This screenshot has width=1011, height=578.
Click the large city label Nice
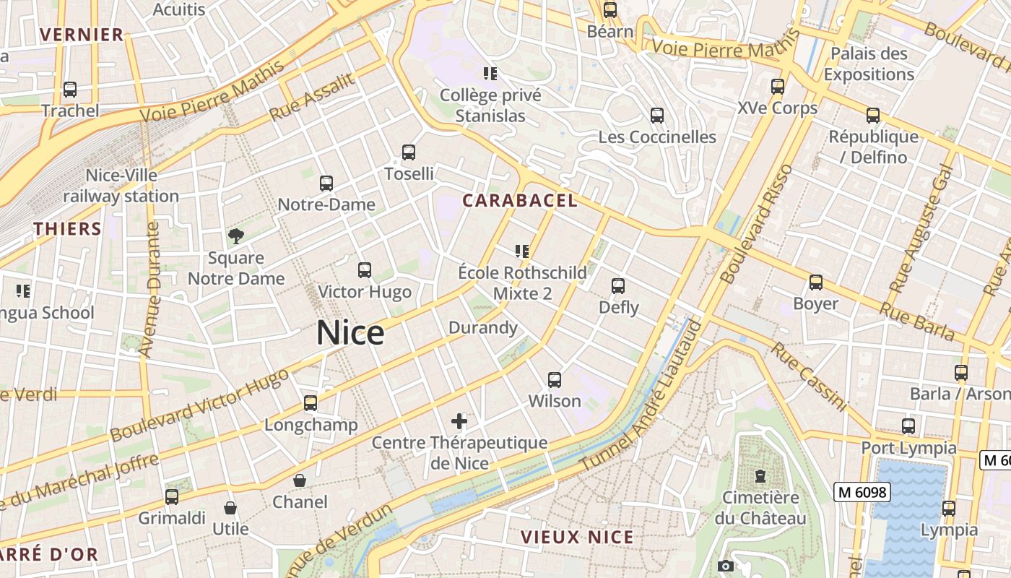350,333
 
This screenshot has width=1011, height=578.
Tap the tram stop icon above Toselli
409,152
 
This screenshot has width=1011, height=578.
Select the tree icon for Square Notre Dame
235,236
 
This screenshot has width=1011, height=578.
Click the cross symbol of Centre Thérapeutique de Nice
459,420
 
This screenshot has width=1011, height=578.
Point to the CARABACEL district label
520,201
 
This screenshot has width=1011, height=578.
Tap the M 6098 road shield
862,493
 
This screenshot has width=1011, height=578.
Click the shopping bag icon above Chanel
300,480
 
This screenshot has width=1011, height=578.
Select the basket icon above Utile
230,508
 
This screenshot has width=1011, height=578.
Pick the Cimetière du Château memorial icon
760,476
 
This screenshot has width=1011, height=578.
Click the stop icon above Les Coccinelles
657,116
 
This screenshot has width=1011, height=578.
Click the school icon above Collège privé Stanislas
490,74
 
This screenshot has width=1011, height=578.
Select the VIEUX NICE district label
577,538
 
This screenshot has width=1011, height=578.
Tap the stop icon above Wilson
555,379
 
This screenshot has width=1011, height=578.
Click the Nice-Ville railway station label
121,186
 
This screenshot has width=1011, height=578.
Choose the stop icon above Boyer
816,282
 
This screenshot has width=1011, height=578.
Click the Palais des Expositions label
869,64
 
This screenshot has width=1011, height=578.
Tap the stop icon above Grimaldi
172,497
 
